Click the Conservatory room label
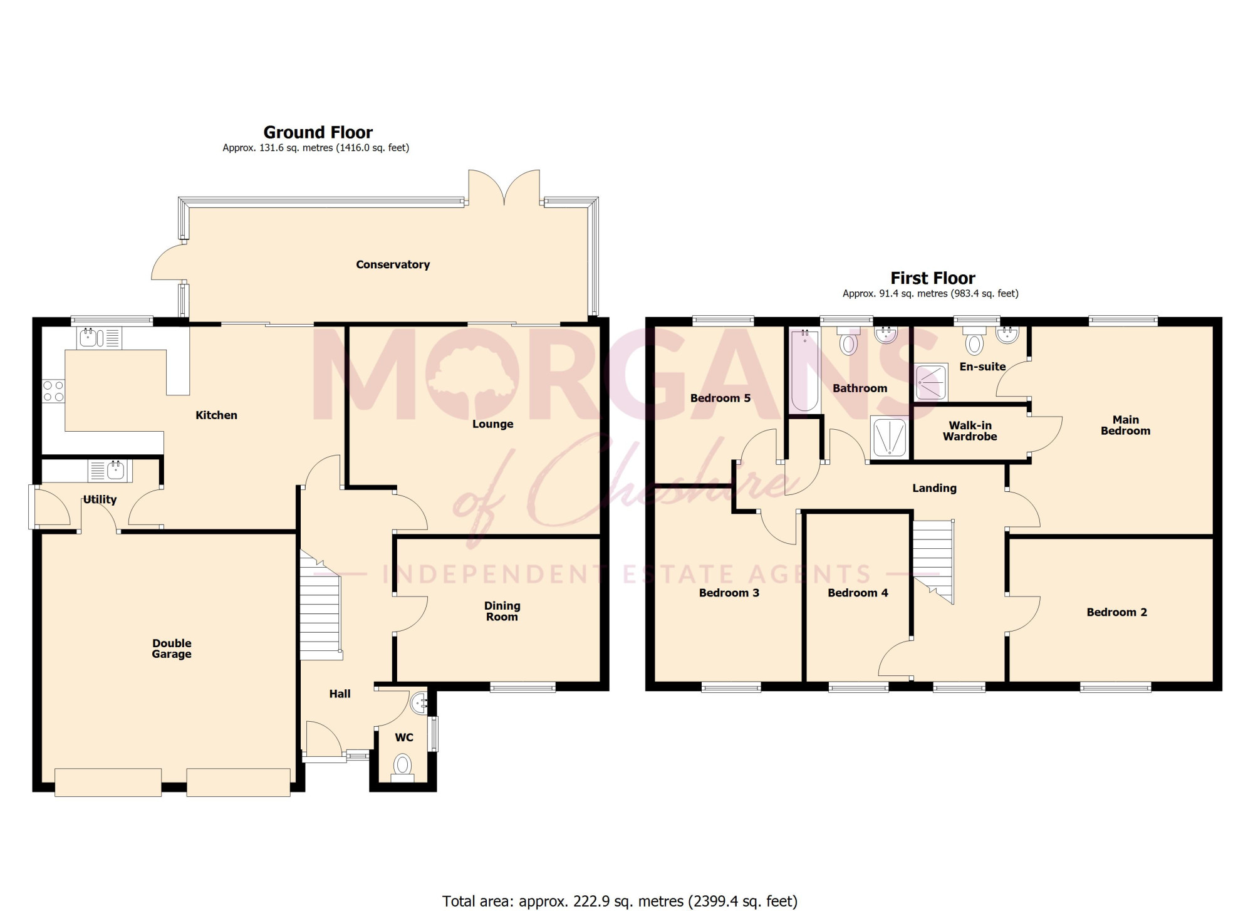[393, 264]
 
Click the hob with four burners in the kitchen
[53, 391]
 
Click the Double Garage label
[172, 648]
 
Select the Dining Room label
[502, 611]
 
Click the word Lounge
[492, 424]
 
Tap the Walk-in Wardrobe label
[970, 431]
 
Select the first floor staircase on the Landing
[933, 561]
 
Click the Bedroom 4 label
[858, 593]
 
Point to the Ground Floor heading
[318, 132]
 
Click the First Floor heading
[933, 278]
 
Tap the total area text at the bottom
[620, 901]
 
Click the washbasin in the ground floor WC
[419, 703]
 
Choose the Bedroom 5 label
[720, 398]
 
